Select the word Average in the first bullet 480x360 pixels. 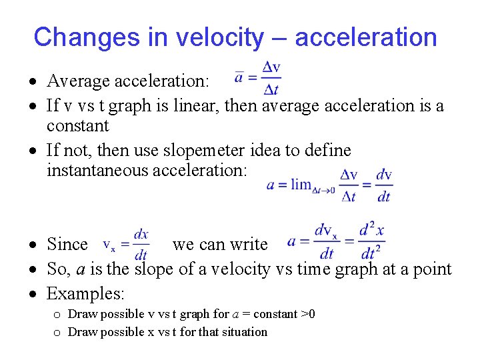tap(75, 81)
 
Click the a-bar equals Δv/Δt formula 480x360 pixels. tap(257, 78)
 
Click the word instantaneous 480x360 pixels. tap(98, 171)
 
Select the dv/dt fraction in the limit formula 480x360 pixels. tap(384, 185)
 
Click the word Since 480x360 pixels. tap(67, 245)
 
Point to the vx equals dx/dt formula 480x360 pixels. tap(126, 245)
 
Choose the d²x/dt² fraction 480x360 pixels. tap(371, 241)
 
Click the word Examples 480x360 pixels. tap(85, 293)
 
